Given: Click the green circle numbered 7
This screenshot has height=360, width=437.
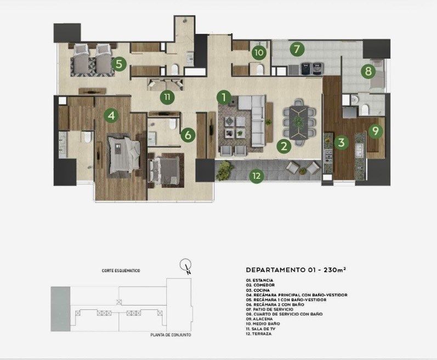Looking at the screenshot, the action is (297, 49).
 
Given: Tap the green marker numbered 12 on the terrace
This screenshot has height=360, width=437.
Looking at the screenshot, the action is (257, 176).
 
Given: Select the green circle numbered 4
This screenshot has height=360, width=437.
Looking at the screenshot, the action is (111, 115).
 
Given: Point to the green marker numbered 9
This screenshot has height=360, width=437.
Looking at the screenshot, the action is (376, 131).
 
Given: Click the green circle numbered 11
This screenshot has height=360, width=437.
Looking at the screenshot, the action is (167, 97).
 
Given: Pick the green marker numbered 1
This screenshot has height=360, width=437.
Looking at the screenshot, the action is (224, 97).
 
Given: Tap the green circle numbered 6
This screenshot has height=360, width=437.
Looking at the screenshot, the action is (188, 135).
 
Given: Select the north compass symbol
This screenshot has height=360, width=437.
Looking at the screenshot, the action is (186, 266).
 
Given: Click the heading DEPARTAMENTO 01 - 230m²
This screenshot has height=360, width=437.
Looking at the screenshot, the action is (296, 270).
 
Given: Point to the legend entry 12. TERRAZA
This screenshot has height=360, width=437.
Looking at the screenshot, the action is (259, 334).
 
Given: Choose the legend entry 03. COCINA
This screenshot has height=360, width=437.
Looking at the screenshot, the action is (258, 290).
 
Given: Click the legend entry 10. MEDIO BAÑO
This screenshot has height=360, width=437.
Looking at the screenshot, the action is (263, 324).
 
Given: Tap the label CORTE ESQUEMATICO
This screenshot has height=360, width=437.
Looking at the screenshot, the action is (121, 271).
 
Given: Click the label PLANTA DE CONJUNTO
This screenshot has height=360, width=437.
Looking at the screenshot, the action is (171, 335).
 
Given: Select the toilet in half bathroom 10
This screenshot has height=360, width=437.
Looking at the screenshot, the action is (260, 70).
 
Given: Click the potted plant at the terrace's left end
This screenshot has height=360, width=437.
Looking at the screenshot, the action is (224, 170).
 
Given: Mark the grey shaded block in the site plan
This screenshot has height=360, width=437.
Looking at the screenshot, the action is (60, 309).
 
